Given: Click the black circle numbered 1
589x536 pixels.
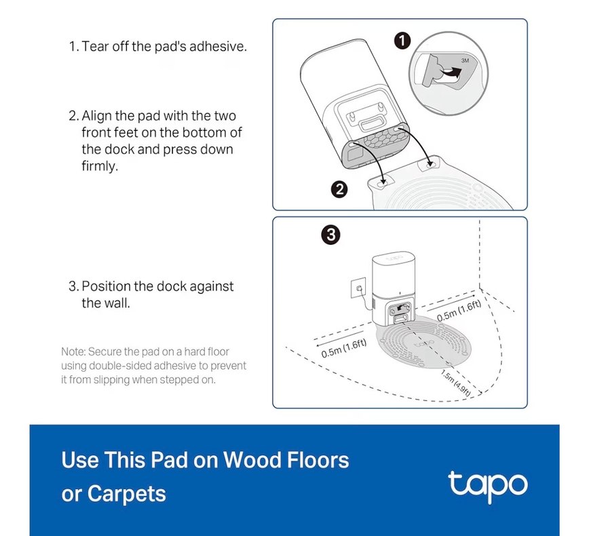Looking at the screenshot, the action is [402, 41].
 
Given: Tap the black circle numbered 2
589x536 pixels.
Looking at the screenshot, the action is [339, 189].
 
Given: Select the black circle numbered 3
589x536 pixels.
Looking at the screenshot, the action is [331, 235].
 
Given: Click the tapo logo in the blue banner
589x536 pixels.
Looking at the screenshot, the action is [488, 486].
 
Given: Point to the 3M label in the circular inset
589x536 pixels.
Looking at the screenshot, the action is [465, 60].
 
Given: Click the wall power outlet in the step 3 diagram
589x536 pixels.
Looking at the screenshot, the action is [358, 288].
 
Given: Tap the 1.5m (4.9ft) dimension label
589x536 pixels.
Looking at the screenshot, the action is [455, 383].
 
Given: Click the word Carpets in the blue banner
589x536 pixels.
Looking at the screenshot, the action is [127, 494].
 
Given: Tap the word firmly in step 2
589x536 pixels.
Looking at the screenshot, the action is [100, 166].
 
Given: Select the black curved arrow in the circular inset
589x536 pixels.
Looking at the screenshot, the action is [451, 73].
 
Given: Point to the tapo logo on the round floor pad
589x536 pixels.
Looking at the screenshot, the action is [423, 343].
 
